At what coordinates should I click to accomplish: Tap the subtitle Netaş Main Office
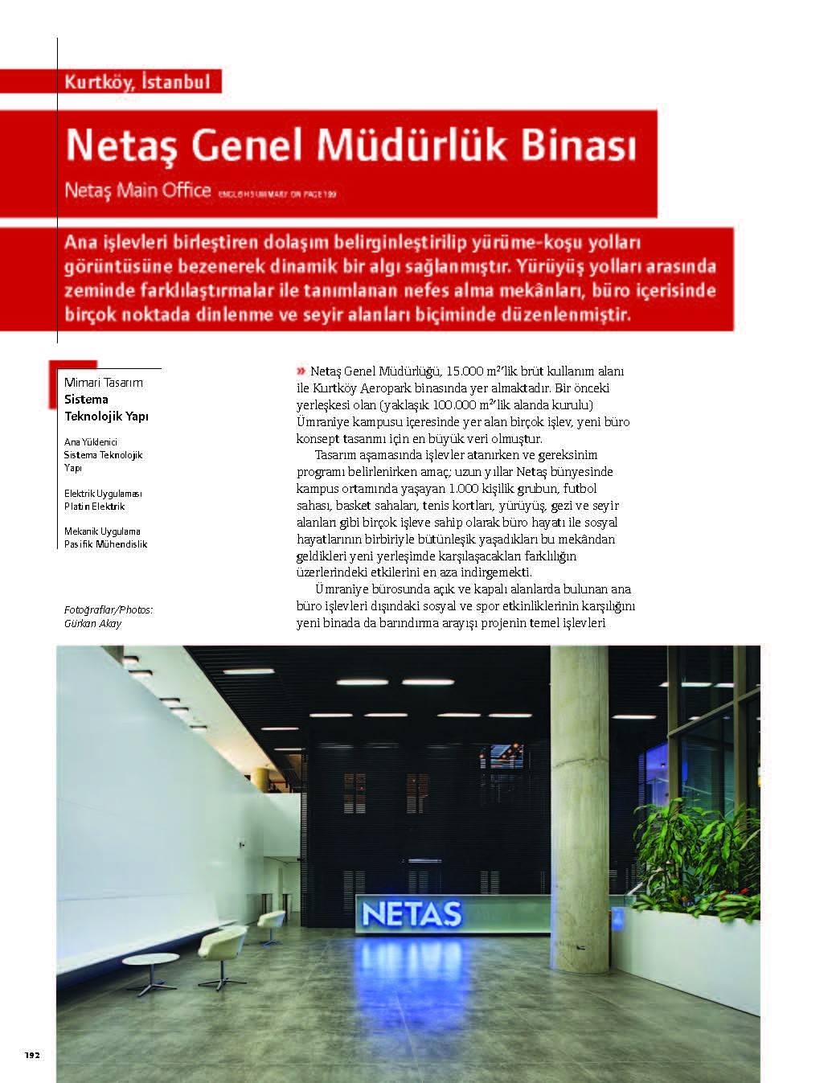(137, 191)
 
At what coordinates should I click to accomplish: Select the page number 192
(32, 1055)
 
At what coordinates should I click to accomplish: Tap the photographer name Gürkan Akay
(92, 623)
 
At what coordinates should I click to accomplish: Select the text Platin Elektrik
(94, 507)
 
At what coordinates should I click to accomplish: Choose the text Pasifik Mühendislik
(105, 544)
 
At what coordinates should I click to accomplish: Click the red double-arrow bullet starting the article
(301, 371)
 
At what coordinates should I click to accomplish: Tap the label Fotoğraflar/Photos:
(108, 610)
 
